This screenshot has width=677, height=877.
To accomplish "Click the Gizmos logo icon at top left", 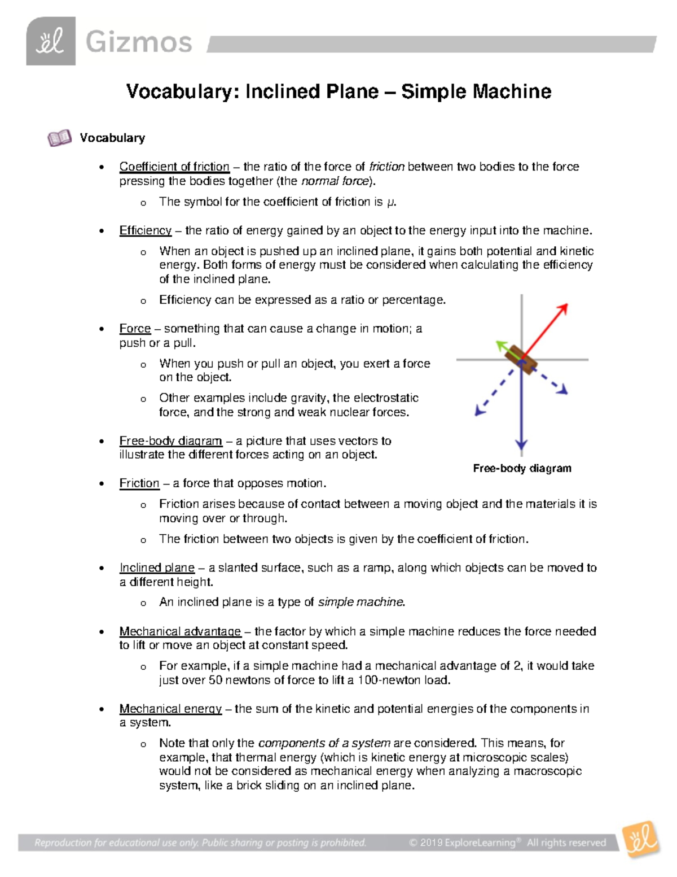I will pos(51,42).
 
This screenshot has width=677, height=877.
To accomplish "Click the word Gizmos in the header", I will pos(139,43).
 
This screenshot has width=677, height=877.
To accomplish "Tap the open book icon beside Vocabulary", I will pos(59,138).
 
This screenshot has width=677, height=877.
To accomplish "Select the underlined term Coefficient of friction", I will pos(174,167).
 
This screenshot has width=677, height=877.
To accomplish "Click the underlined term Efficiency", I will pos(146,230).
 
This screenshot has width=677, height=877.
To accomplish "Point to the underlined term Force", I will pos(135,329).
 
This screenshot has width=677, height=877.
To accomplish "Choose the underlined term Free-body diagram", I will pos(170,441).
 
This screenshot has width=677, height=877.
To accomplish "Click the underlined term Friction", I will pos(139,483).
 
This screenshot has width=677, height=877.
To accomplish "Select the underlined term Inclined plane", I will pos(157,568).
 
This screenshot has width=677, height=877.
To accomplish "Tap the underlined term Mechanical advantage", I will pos(180,631).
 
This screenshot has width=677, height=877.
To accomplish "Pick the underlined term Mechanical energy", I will pos(170,709).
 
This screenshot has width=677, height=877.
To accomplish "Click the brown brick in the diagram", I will pos(520,360).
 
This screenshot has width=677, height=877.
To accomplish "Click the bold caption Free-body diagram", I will pos(522,468).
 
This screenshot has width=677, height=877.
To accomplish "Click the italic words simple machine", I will pos(361,603).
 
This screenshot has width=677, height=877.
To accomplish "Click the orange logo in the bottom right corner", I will pos(641,839).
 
